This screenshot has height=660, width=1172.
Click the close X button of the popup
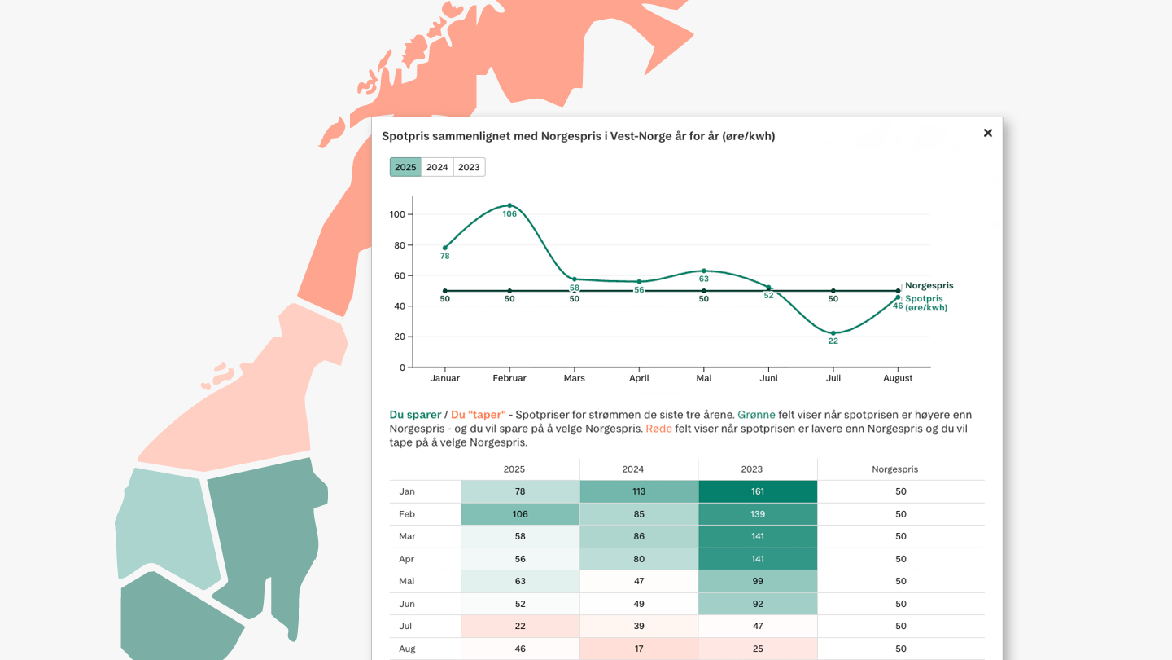tap(987, 133)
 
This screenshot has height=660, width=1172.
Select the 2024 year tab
tap(437, 167)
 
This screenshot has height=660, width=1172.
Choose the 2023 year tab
tap(469, 167)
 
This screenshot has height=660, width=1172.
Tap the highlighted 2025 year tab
tap(405, 167)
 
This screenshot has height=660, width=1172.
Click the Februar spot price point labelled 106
tap(509, 205)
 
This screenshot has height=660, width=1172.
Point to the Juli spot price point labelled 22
tap(833, 333)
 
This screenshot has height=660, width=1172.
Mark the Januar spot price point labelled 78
tap(445, 248)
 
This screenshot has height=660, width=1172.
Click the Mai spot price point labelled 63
tap(704, 271)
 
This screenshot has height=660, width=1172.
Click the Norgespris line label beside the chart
tap(929, 286)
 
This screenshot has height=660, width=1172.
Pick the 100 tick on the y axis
tap(397, 214)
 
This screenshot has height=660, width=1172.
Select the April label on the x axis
tap(639, 378)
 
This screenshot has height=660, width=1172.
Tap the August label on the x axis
tap(898, 378)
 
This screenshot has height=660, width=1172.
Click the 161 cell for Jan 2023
tap(758, 491)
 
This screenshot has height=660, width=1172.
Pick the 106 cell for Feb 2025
tap(520, 514)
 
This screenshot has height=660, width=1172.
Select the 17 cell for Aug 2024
tap(639, 649)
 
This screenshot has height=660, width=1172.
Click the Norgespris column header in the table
tap(894, 469)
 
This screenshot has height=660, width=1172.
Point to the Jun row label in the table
tap(407, 604)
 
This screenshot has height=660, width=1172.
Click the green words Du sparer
tap(415, 415)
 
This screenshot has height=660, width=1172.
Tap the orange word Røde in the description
tap(658, 429)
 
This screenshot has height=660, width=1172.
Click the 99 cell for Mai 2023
tap(758, 581)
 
